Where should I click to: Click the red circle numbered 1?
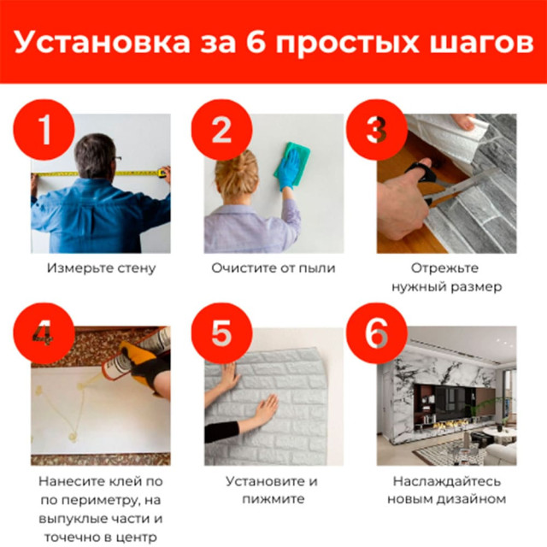pyautogui.click(x=44, y=130)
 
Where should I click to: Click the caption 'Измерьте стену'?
pyautogui.click(x=102, y=268)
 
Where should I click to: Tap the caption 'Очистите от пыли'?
pyautogui.click(x=273, y=268)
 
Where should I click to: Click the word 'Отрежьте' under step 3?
pyautogui.click(x=446, y=268)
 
